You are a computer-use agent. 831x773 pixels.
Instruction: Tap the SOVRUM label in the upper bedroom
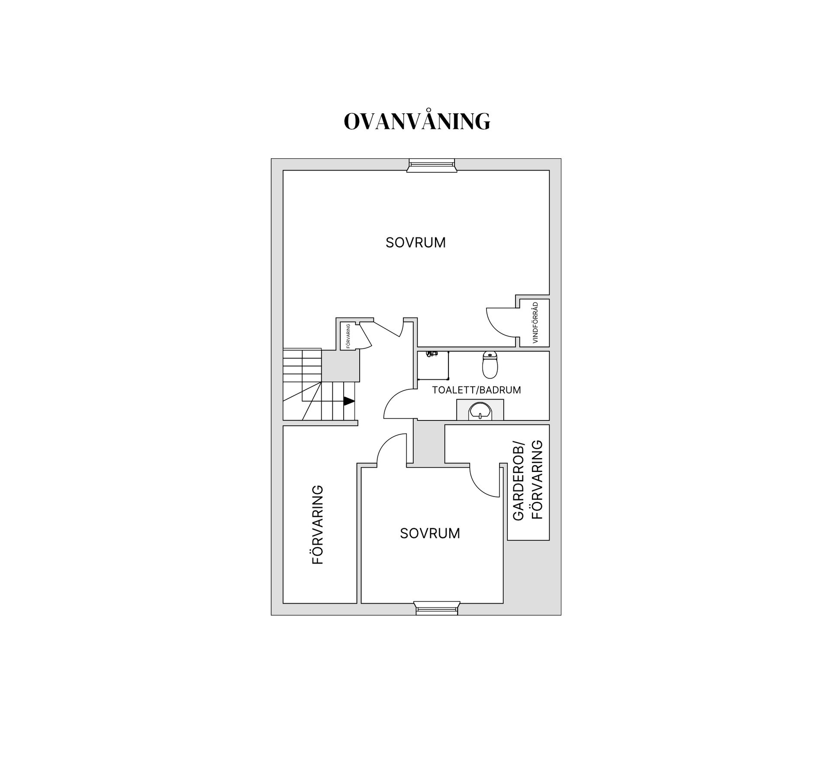pos(415,243)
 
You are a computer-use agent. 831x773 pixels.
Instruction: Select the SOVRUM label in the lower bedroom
pos(430,533)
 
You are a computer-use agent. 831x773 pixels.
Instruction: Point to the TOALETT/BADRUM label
pos(477,390)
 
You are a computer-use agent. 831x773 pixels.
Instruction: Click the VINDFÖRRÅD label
pos(535,323)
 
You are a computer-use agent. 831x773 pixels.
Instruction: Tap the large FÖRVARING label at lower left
pos(318,525)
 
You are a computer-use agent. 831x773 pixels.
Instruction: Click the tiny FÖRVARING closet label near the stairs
pos(348,336)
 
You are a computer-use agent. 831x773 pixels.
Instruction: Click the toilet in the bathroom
pos(490,365)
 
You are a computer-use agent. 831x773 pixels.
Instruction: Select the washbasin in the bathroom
pos(480,411)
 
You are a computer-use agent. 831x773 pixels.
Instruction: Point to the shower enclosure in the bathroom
pos(433,366)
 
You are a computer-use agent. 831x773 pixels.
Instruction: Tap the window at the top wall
pos(432,165)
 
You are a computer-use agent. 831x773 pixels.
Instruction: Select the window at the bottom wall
pos(437,608)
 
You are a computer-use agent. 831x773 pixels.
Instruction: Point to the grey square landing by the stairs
pos(341,366)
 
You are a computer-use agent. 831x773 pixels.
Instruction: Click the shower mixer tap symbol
pos(431,354)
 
